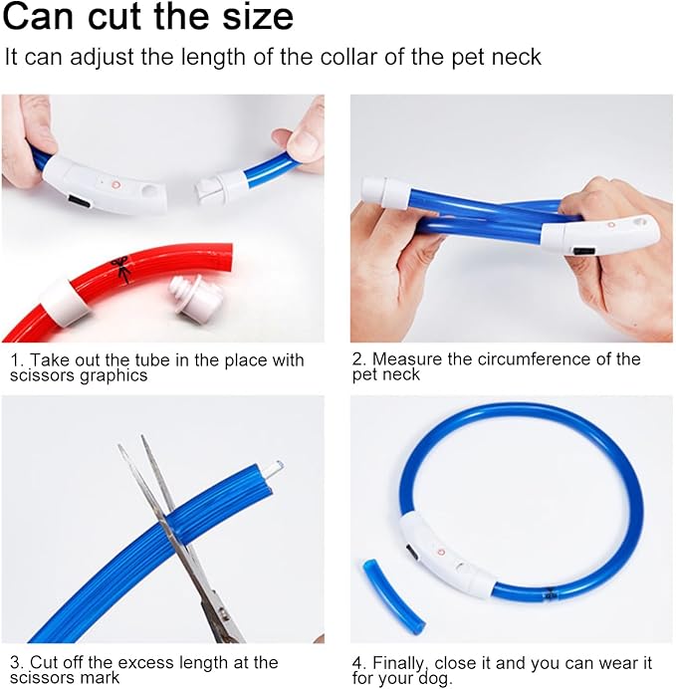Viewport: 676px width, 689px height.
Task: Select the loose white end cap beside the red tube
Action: point(194,300)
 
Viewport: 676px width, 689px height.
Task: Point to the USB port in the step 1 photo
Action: point(80,202)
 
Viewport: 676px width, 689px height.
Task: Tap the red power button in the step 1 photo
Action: point(115,185)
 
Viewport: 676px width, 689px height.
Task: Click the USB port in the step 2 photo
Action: point(583,251)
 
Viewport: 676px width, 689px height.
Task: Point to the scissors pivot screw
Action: point(221,610)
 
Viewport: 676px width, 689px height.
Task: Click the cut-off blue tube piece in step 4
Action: point(393,594)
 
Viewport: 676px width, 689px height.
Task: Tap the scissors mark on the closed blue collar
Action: point(550,594)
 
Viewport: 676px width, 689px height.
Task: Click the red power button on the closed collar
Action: point(441,552)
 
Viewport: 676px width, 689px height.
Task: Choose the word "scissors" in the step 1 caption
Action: point(42,375)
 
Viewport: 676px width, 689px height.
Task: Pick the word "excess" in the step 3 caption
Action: point(146,663)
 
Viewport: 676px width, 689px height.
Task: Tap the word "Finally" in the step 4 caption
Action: point(400,663)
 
